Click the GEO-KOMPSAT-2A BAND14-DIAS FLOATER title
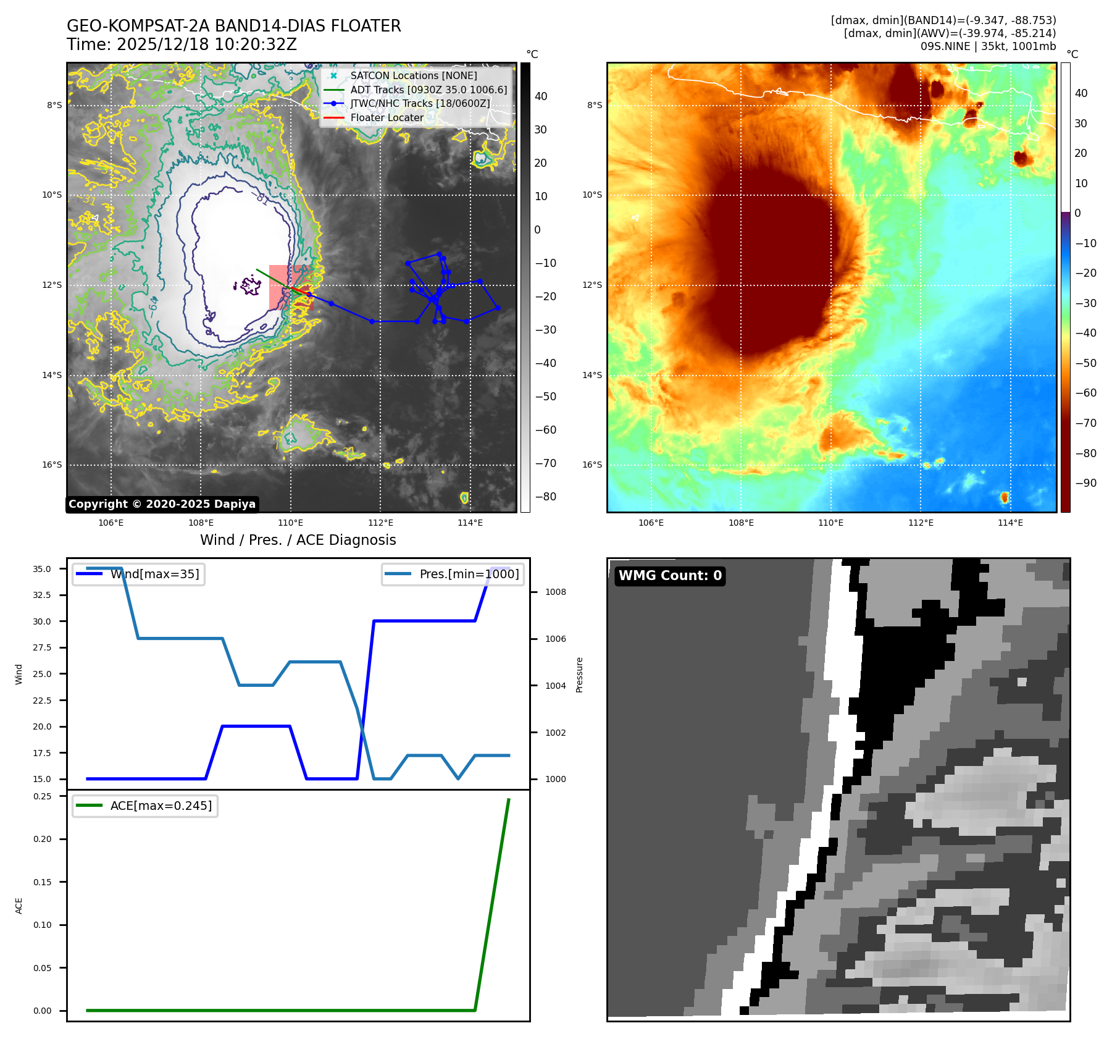pos(233,26)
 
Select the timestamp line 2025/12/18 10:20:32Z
pos(182,44)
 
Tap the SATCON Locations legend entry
pos(413,75)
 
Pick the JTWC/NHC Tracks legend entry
pos(420,103)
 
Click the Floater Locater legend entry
pos(387,117)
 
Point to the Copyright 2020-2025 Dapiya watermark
pos(162,504)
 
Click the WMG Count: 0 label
pos(670,576)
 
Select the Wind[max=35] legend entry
pos(154,574)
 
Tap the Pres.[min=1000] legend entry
pos(469,574)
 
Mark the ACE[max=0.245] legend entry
pos(161,806)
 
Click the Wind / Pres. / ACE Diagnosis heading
pos(298,540)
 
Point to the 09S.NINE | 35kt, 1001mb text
pos(988,46)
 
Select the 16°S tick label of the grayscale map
pos(52,465)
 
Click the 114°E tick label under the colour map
pos(1010,523)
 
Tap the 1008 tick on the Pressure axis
pos(555,592)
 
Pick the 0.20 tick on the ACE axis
pos(42,839)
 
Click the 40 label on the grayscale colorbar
pos(541,96)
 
